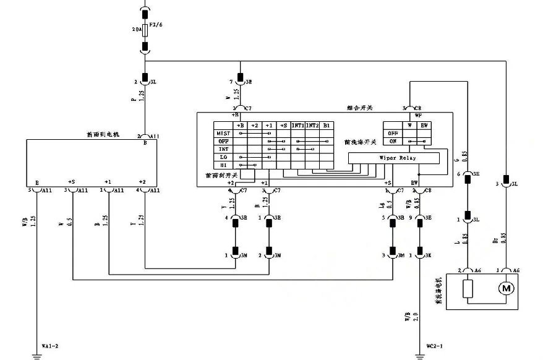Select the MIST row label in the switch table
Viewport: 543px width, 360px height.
coord(223,133)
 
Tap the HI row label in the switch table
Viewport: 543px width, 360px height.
coord(223,165)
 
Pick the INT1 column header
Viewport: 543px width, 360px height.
coord(298,125)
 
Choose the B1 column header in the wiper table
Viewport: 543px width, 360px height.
coord(327,125)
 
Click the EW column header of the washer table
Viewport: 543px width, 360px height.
coord(423,125)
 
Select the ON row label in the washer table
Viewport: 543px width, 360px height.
coord(391,141)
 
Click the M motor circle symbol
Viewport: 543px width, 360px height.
coord(505,289)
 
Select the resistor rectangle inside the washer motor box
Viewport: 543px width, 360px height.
coord(469,289)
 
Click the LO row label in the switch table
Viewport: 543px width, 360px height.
coord(223,157)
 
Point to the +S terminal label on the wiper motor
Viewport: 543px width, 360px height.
coord(72,182)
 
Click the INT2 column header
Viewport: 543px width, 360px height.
coord(312,125)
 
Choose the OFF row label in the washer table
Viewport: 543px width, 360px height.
coord(391,133)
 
